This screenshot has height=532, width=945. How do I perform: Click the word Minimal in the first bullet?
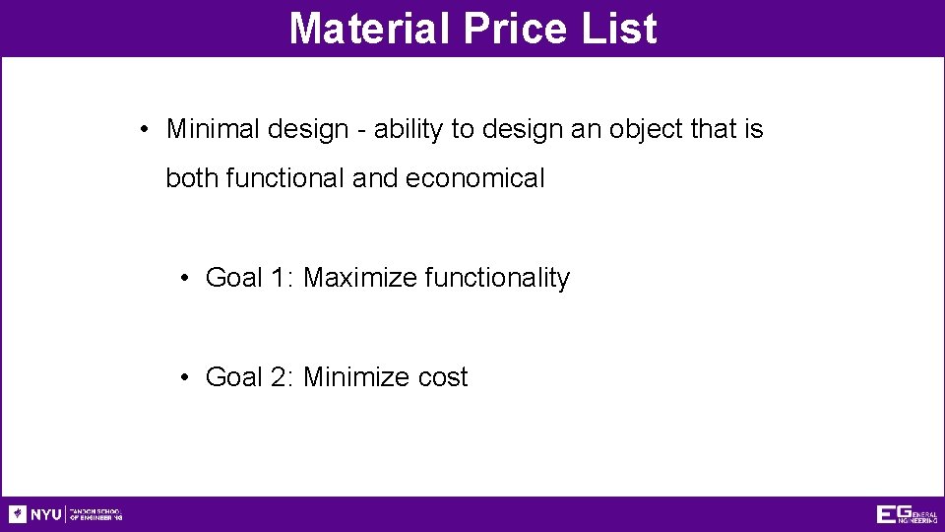click(x=209, y=129)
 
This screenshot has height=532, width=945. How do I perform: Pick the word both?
click(x=192, y=178)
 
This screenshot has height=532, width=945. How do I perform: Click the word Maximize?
click(x=360, y=278)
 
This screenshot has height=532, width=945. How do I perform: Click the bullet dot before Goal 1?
click(x=184, y=279)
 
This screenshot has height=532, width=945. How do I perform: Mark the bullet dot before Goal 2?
click(x=184, y=378)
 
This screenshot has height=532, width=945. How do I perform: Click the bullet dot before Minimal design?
click(x=144, y=130)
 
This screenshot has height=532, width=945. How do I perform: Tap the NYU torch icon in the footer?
click(x=18, y=514)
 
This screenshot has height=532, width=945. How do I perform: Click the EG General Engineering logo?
click(x=907, y=514)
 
